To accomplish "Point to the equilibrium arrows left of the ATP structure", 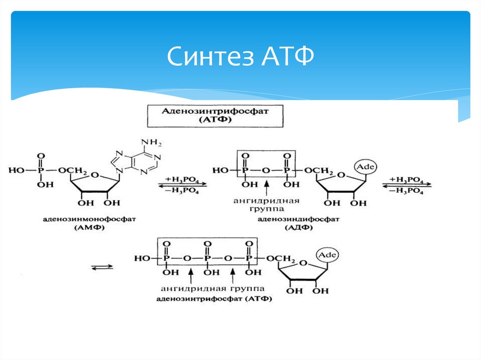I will point(101,267).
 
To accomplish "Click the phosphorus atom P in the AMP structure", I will point(40,170).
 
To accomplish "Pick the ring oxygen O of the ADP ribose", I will point(342,176).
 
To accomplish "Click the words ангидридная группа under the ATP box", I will point(212,288).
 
